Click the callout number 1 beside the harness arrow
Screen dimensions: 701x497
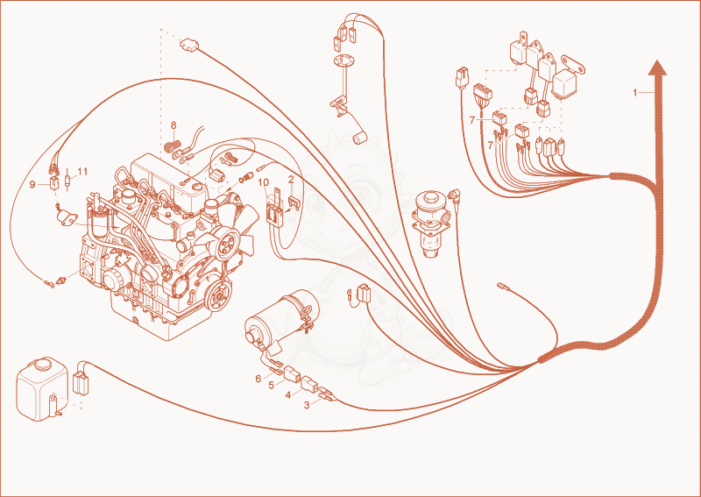[634, 93]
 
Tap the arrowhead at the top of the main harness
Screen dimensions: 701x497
[658, 67]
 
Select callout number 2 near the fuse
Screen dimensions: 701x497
[291, 180]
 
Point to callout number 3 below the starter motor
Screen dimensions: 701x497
[307, 405]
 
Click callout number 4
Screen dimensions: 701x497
[288, 395]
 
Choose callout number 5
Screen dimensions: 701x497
[272, 385]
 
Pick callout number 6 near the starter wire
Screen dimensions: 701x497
[258, 379]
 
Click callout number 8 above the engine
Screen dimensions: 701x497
[173, 125]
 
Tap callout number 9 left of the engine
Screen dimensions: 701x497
[32, 184]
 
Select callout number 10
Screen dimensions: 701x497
[264, 182]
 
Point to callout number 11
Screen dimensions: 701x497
[82, 171]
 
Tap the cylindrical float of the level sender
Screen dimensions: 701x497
[360, 138]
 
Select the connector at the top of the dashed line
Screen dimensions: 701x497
[189, 45]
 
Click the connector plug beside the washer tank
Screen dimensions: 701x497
[81, 384]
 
